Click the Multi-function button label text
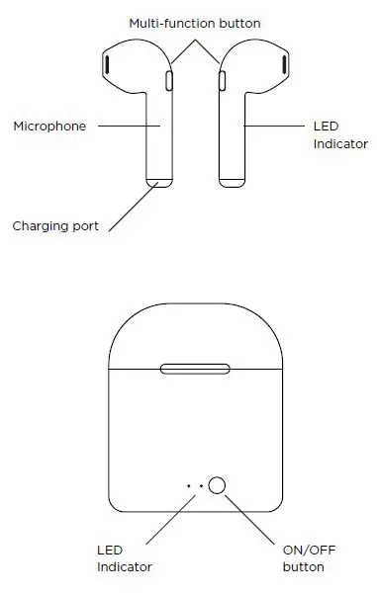[x=194, y=22]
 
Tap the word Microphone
[x=49, y=127]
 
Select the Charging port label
[x=54, y=225]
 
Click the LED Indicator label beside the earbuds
[x=340, y=134]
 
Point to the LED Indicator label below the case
[x=124, y=558]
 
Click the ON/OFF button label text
[x=304, y=558]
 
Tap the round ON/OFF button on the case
[x=218, y=484]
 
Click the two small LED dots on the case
[x=194, y=485]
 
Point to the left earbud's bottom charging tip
[x=158, y=181]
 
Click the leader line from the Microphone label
[x=129, y=126]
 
